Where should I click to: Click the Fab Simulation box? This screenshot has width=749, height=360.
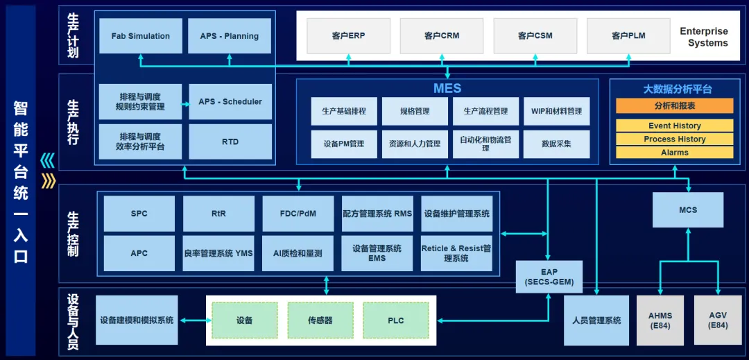tap(141, 36)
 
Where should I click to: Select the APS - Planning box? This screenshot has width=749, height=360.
tap(230, 36)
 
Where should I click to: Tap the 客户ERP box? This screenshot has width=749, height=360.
tap(347, 35)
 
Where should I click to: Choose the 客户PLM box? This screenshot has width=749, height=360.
tap(628, 35)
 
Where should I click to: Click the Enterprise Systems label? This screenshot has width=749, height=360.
tap(704, 37)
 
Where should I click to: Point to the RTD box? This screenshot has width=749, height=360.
tap(230, 142)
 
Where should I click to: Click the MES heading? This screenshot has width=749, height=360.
tap(447, 89)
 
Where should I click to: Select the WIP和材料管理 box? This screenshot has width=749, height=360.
tap(557, 111)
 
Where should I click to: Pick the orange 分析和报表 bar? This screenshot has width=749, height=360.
tap(674, 105)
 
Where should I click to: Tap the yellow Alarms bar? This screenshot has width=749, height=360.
tap(674, 152)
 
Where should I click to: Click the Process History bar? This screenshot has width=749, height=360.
tap(674, 139)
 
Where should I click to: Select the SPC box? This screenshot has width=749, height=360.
tap(139, 214)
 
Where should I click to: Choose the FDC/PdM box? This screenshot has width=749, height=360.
tap(298, 214)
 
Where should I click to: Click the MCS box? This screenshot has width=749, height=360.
tap(688, 209)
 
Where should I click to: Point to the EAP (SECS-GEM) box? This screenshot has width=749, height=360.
tap(549, 277)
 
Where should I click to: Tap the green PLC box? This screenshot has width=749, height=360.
tap(396, 320)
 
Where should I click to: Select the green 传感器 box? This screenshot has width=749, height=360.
tap(320, 320)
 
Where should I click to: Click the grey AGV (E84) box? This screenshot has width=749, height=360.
tap(717, 320)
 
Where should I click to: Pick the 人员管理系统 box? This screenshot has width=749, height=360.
tap(596, 320)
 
